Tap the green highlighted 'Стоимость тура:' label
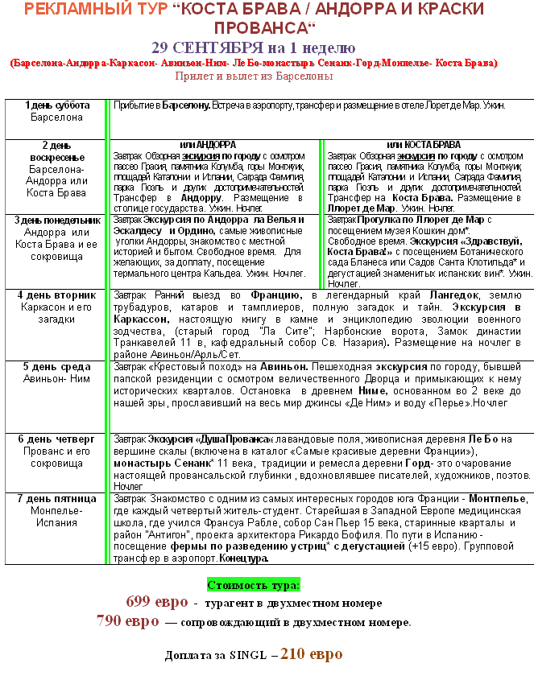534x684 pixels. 254,584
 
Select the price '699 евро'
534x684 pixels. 157,601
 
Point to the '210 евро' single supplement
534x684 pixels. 313,653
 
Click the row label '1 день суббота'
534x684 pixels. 56,105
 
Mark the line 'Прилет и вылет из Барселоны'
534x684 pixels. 254,76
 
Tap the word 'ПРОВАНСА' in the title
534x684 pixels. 248,27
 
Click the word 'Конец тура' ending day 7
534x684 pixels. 242,558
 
